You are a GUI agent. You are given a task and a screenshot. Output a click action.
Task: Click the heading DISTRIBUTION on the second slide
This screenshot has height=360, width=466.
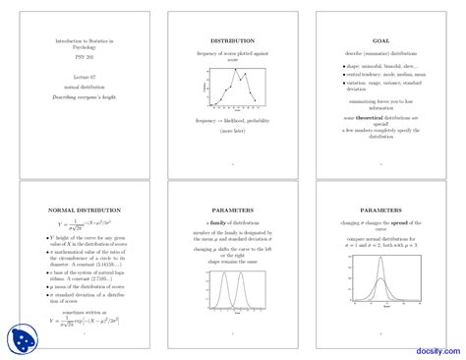point(232,41)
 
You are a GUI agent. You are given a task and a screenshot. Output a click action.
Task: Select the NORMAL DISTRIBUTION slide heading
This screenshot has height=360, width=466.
point(85,210)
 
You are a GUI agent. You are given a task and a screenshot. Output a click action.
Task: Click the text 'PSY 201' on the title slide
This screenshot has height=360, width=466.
point(84,57)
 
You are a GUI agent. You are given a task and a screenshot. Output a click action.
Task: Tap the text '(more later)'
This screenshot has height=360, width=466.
point(232,129)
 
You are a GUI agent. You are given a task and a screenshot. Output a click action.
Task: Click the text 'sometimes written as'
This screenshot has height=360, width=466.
point(85,308)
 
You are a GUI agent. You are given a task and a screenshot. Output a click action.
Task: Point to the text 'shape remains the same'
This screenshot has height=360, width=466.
point(232,261)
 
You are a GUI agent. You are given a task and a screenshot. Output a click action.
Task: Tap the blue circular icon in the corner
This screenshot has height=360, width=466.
point(21,339)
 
